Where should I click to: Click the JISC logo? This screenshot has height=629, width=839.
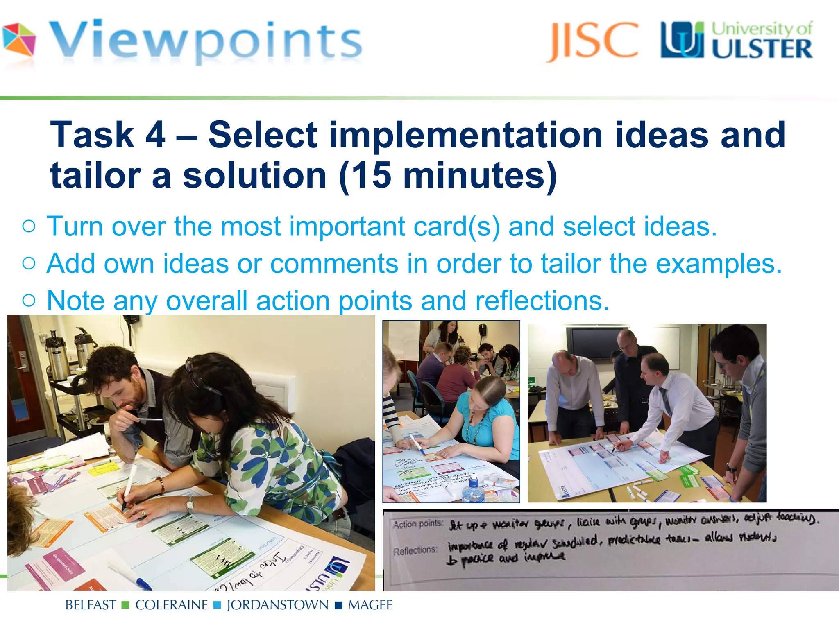pos(592,41)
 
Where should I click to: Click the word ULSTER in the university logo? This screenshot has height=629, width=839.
pos(761,50)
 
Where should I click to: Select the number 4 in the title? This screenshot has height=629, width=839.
pos(155,135)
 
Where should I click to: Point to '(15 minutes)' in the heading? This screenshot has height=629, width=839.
pos(448,175)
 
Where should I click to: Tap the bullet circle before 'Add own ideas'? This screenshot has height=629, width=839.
pos(29,263)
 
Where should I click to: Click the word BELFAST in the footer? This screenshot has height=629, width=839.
pos(91,605)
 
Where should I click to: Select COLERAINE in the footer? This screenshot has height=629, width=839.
pos(171,605)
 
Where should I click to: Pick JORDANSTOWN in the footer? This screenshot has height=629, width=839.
pos(277,605)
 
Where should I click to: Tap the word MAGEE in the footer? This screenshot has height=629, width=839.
pos(370,605)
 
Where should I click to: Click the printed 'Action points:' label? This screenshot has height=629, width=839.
pos(417,524)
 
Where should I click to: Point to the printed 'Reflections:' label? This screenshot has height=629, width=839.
pos(415,550)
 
